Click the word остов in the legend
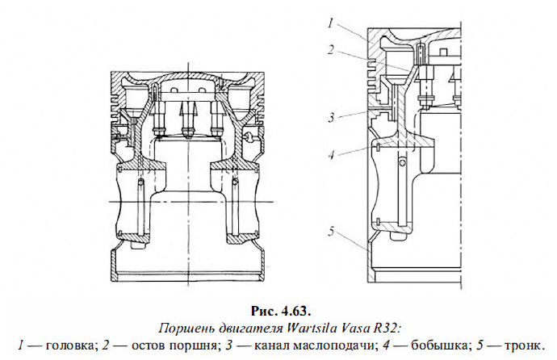coord(137,341)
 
